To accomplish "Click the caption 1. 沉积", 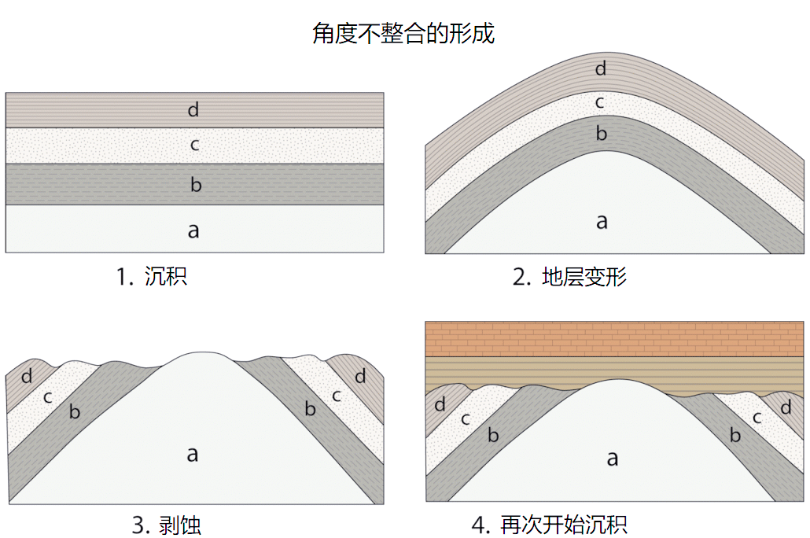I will pos(151,277).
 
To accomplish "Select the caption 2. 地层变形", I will pos(569,278).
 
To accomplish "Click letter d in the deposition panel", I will pos(193,109).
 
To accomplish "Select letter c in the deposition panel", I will pos(194,146).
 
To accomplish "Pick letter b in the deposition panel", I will pos(196,186).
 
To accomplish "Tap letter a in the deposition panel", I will pos(193,230).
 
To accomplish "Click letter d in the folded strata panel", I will pos(601,69).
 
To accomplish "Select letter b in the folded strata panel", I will pos(601,134).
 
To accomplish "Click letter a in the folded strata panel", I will pos(602,221).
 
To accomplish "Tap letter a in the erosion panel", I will pos(192,453).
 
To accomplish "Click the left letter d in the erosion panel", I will pos(27,377).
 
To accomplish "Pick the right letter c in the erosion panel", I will pos(337,396).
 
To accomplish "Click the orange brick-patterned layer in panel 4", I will pos(613,339).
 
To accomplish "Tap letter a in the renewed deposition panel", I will pos(612,458).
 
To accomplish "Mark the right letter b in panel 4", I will pos(735,435).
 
